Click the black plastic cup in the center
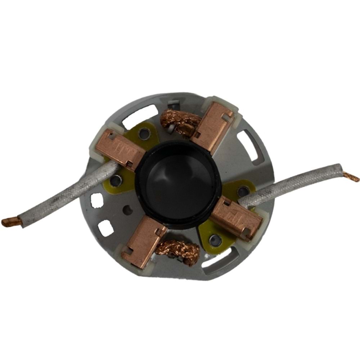(x=178, y=184)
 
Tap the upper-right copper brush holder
(x=212, y=124)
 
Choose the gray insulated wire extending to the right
(x=295, y=184)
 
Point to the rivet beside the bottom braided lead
(x=215, y=238)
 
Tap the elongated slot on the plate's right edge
(x=248, y=144)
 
